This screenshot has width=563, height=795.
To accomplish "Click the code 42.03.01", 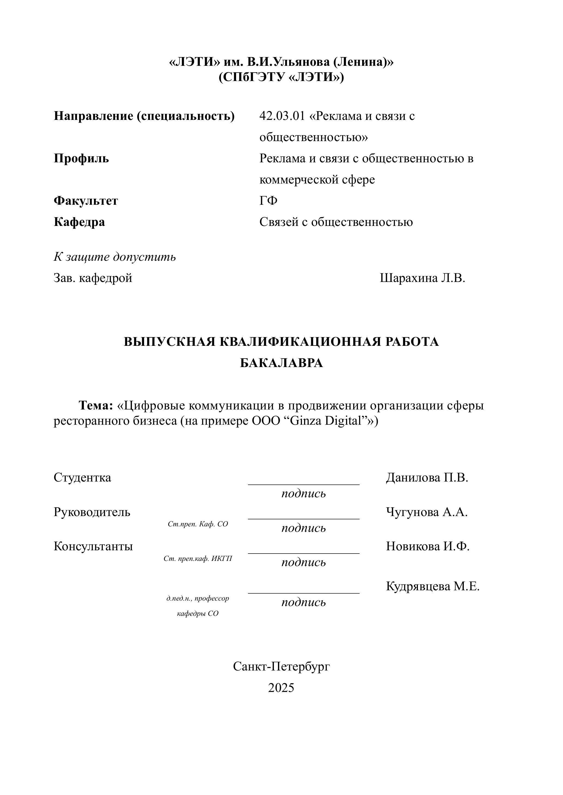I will tap(282, 116).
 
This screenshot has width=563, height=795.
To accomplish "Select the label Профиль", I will tap(81, 159).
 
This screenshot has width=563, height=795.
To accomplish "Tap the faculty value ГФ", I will tap(268, 201).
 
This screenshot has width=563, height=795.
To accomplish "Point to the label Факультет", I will tap(86, 201).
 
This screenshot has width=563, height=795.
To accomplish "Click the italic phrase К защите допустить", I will tap(114, 257).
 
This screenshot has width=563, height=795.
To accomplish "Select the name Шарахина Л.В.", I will tap(422, 278).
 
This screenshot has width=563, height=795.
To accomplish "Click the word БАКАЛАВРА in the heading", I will tap(281, 363).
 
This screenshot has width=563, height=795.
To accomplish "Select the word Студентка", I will tap(82, 477).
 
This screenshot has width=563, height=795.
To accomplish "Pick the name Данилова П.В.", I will tap(427, 477).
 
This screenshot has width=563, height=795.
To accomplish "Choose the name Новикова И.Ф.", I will tap(427, 546).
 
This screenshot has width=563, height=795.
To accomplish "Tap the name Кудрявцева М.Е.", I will tap(433, 586).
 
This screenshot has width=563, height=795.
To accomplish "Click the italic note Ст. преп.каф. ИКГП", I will tap(198, 558).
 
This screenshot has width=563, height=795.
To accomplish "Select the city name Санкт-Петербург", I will tap(281, 666).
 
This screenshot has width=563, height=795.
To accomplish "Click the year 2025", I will tap(281, 688).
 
